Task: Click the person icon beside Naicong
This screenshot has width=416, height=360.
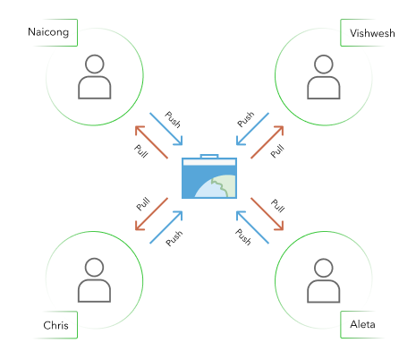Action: click(x=93, y=77)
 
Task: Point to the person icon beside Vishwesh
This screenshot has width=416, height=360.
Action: click(x=322, y=77)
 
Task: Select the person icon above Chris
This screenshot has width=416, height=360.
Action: click(x=93, y=280)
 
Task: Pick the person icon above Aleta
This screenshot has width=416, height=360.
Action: click(x=322, y=280)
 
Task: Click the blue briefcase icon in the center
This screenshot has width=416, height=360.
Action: click(x=208, y=177)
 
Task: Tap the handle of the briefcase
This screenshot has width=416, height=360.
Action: click(x=208, y=158)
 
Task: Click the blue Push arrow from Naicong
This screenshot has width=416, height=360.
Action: click(x=167, y=128)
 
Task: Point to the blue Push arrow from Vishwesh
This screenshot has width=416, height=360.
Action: click(x=250, y=128)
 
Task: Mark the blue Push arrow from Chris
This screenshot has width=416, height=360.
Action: click(x=167, y=227)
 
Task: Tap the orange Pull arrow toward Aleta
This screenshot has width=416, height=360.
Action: click(x=266, y=212)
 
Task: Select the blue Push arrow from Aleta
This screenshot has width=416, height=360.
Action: click(x=250, y=227)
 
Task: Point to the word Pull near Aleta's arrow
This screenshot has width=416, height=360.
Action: click(x=276, y=205)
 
